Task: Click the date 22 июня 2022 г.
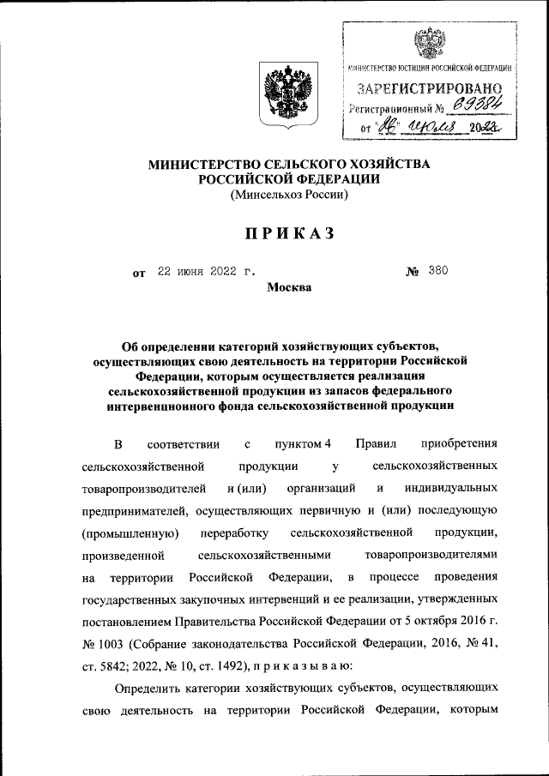pyautogui.click(x=206, y=272)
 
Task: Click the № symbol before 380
pyautogui.click(x=412, y=272)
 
